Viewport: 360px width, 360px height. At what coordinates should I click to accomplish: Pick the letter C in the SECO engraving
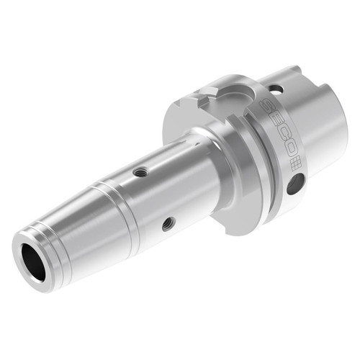[x=281, y=139]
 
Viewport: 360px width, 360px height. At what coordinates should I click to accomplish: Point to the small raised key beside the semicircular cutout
[x=204, y=92]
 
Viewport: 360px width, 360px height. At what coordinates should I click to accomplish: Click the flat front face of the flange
[x=180, y=122]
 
